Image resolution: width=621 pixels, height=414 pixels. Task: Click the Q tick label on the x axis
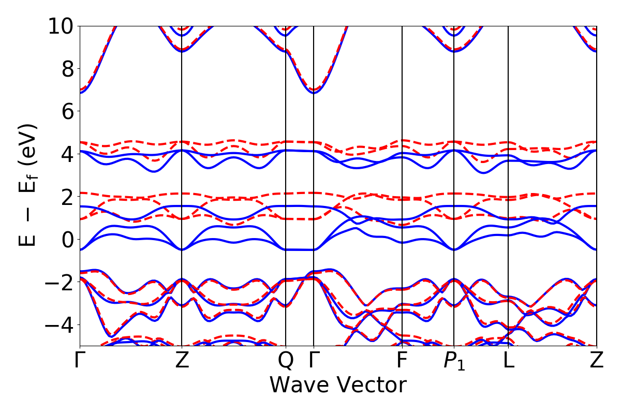tap(286, 361)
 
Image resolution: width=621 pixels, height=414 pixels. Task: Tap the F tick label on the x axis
tap(402, 361)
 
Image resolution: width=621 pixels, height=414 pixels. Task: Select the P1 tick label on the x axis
tap(454, 361)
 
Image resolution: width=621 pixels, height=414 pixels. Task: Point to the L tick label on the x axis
tap(509, 361)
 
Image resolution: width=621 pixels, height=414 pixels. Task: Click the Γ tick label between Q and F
tap(314, 361)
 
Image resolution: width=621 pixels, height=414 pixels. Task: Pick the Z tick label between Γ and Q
tap(182, 361)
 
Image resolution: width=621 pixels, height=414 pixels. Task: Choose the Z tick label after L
tap(597, 361)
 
